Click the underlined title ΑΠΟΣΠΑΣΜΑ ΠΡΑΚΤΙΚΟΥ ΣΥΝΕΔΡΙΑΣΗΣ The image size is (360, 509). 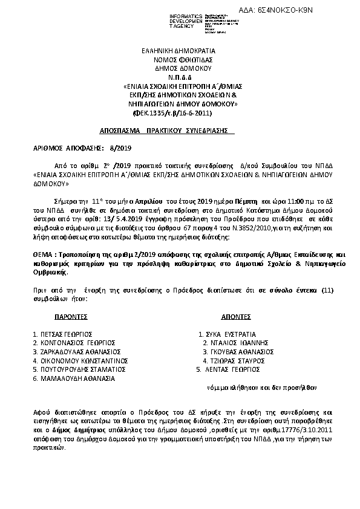click(167, 131)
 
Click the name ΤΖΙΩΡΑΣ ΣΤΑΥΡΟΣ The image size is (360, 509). click(235, 360)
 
